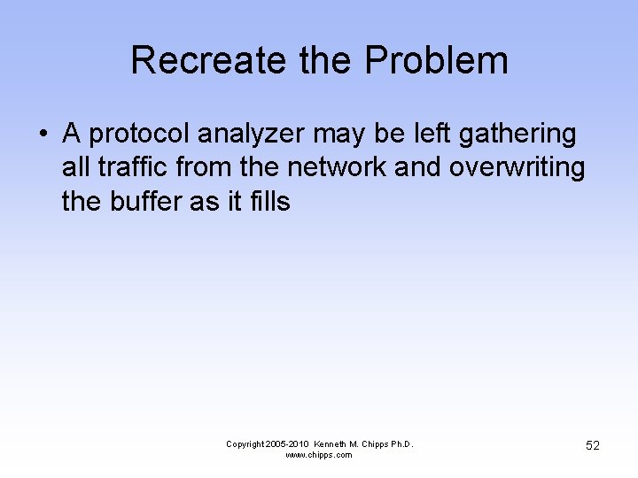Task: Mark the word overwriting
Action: (x=517, y=168)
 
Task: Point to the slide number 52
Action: (x=592, y=445)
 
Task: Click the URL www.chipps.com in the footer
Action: (x=319, y=455)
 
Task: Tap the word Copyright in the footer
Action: (x=245, y=443)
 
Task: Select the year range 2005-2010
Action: (x=287, y=443)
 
